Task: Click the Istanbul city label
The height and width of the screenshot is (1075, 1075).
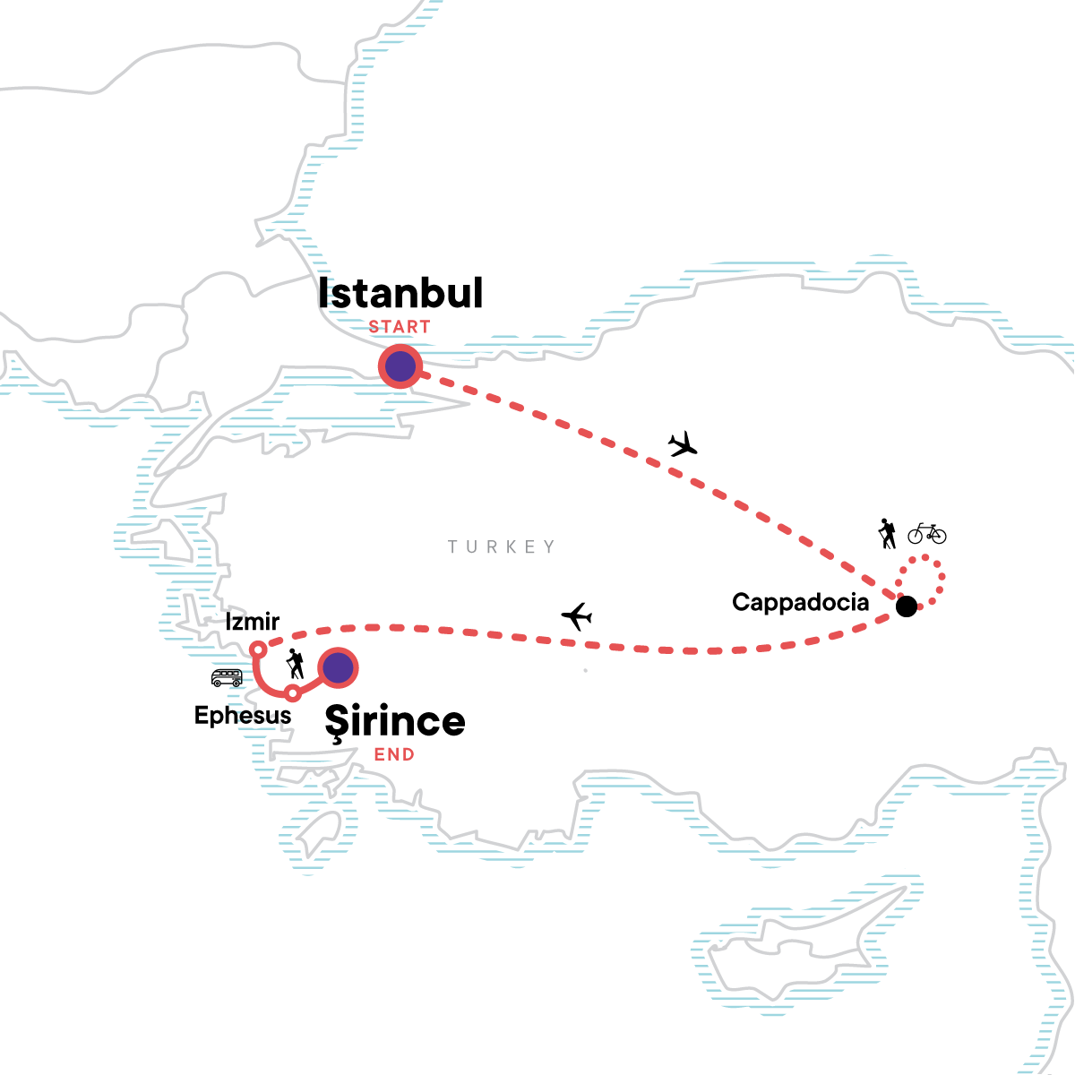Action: coord(400,294)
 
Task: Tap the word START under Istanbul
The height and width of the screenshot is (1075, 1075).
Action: coord(400,327)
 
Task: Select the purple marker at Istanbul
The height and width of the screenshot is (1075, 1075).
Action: coord(400,366)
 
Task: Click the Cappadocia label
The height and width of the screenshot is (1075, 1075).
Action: coord(800,602)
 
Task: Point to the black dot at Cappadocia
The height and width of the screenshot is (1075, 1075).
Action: coord(907,606)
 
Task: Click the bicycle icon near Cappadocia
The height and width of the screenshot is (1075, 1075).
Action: coord(926,534)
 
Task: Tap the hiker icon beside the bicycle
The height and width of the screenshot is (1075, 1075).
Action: coord(887,534)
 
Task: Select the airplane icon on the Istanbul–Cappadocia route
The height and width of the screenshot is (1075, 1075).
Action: coord(683,443)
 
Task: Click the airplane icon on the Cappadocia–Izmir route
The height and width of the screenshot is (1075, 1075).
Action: coord(577,616)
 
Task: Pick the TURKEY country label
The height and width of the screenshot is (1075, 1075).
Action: coord(502,546)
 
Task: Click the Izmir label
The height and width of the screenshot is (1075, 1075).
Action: coord(253,621)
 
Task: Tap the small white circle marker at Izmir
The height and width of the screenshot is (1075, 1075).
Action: coord(257,649)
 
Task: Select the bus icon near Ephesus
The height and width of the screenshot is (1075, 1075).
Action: coord(227,677)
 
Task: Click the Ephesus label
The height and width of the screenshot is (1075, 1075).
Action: coord(243,716)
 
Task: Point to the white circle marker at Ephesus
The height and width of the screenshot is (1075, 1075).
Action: coord(292,692)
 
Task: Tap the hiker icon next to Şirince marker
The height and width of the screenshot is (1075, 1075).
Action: coord(295,664)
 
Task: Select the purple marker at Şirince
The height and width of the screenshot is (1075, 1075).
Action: coord(338,667)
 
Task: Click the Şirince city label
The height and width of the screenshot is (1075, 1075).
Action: coord(395,722)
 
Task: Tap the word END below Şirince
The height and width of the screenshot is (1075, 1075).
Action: coord(394,754)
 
